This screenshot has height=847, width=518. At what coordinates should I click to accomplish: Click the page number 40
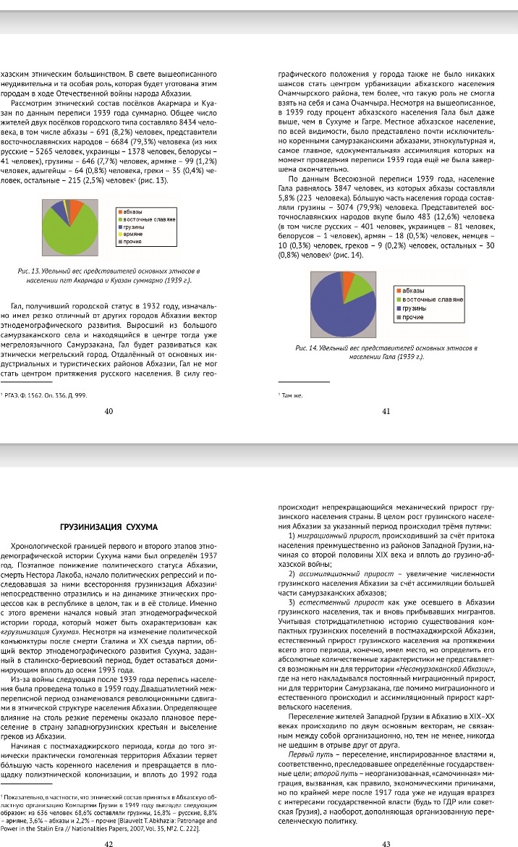(x=109, y=411)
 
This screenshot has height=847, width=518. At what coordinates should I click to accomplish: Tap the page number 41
(x=386, y=411)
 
